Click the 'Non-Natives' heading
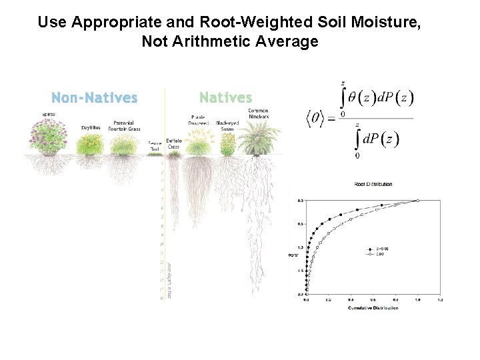pyautogui.click(x=94, y=98)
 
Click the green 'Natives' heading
pyautogui.click(x=226, y=98)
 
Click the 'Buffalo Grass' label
pyautogui.click(x=174, y=143)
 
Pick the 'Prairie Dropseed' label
pyautogui.click(x=199, y=121)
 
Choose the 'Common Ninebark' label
pyautogui.click(x=258, y=113)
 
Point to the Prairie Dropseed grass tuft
pyautogui.click(x=198, y=142)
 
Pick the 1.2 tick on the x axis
pyautogui.click(x=439, y=301)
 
